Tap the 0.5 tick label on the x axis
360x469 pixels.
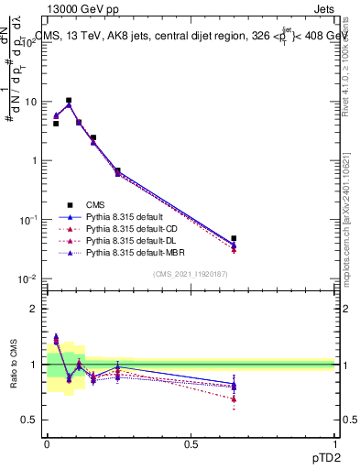191,444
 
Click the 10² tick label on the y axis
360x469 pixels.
30,42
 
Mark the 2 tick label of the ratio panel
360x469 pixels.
33,309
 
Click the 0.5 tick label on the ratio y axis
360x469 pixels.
29,420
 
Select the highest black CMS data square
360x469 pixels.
69,101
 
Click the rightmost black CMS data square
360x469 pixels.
234,238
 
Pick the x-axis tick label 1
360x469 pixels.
334,444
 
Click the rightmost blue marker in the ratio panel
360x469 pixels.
234,385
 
